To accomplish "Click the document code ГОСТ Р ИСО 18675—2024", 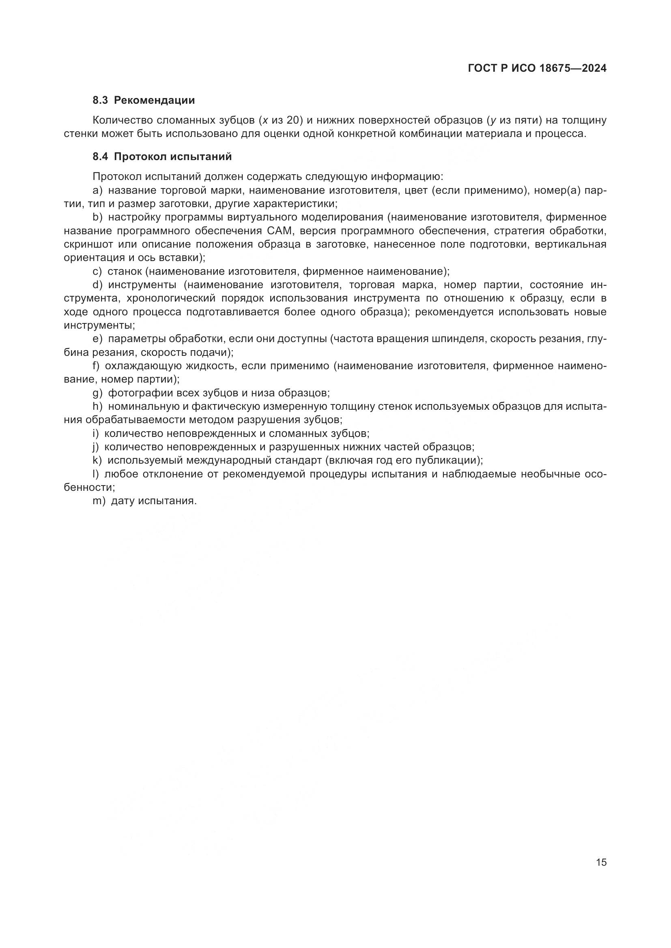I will click(537, 68).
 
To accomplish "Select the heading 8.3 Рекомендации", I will click(143, 101).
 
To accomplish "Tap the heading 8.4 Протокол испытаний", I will click(162, 157).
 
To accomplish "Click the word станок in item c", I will click(125, 271).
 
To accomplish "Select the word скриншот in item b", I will click(88, 244).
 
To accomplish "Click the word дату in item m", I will click(123, 501).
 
